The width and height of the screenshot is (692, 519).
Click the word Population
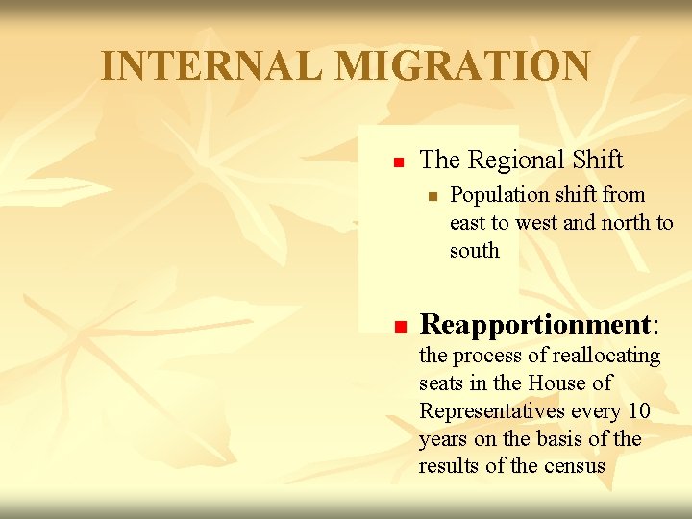click(498, 195)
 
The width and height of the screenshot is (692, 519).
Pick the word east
click(468, 223)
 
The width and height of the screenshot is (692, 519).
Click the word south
click(475, 251)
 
